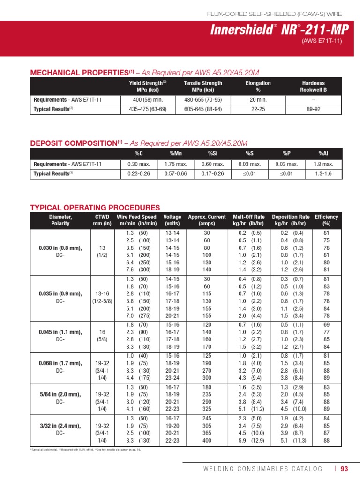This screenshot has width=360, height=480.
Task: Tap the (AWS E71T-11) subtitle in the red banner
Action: coord(322,41)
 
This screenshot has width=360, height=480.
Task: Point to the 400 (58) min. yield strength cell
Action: coord(148,99)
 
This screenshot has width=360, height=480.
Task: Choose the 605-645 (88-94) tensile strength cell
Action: coord(203,109)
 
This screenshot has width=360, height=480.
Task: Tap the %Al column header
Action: coord(323,154)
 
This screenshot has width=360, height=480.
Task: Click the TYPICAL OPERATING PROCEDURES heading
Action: coord(95,208)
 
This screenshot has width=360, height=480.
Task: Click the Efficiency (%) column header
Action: coord(326,220)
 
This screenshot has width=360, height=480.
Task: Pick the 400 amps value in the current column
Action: coord(207,441)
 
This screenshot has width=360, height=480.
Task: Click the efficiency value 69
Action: coord(326,324)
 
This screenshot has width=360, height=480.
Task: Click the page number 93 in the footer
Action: coord(345,469)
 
